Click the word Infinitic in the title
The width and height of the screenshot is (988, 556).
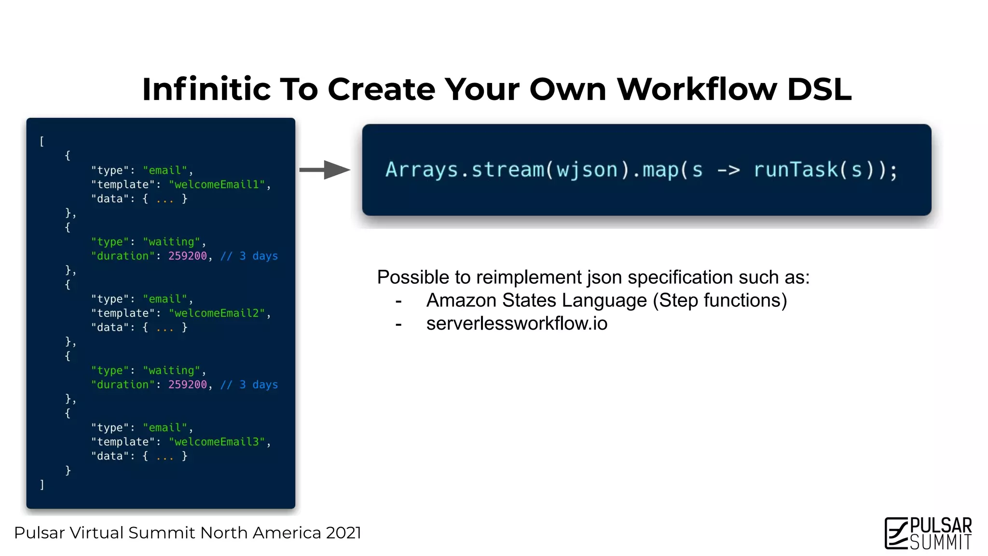pos(207,89)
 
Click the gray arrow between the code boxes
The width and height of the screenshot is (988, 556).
pos(324,170)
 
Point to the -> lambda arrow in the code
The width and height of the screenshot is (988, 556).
pos(728,170)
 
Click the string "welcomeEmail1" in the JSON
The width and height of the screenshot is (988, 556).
pos(217,185)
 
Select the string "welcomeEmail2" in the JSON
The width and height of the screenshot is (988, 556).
pos(217,314)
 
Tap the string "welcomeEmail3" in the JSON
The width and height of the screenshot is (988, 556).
pos(217,442)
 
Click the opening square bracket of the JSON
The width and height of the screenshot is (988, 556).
pos(42,141)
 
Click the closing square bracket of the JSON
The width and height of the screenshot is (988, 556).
pos(42,485)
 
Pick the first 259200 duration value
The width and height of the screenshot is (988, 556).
pos(187,256)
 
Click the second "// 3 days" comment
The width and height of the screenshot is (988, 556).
pos(249,385)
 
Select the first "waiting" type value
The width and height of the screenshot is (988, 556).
pos(171,242)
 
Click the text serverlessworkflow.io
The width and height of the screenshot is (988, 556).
pos(516,323)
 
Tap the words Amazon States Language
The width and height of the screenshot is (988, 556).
pos(536,300)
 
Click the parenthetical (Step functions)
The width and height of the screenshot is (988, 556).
pos(720,300)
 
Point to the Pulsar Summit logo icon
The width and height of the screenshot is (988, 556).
pos(896,533)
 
